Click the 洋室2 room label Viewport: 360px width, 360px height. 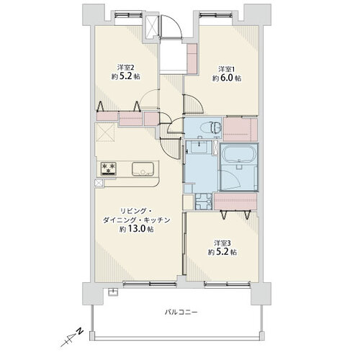pyautogui.click(x=125, y=68)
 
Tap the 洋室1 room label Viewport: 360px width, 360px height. pyautogui.click(x=226, y=69)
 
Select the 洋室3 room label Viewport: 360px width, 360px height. pyautogui.click(x=222, y=243)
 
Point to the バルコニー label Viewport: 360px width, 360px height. pyautogui.click(x=181, y=312)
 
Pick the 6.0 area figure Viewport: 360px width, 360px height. pyautogui.click(x=227, y=78)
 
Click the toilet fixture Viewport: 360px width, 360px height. pyautogui.click(x=212, y=127)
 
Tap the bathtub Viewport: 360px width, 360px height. pyautogui.click(x=239, y=155)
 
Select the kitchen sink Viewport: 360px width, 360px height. pyautogui.click(x=143, y=169)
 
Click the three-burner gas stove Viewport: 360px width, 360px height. pyautogui.click(x=109, y=168)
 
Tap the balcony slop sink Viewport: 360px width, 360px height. pyautogui.click(x=113, y=292)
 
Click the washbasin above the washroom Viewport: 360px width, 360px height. pyautogui.click(x=199, y=147)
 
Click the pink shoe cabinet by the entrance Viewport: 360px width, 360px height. pyautogui.click(x=192, y=58)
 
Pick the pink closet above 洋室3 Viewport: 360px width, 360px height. pyautogui.click(x=235, y=201)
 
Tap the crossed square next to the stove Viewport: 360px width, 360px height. pyautogui.click(x=99, y=183)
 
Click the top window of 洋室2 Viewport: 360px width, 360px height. pyautogui.click(x=128, y=15)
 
